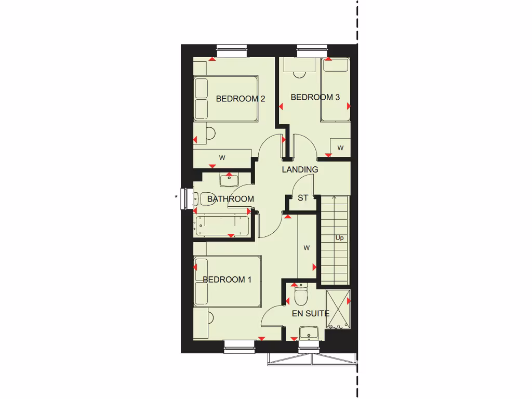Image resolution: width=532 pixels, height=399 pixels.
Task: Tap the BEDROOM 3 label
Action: coord(315,97)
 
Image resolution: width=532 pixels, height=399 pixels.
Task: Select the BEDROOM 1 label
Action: coord(227,280)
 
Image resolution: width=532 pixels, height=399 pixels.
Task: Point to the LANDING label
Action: coord(300,169)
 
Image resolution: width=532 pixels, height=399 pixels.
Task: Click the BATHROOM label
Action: coord(230,198)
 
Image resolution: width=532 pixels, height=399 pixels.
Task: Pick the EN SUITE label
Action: coord(311,313)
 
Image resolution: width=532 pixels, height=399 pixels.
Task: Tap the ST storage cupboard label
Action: coord(303,198)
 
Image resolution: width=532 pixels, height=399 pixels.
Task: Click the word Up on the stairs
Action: coord(339,238)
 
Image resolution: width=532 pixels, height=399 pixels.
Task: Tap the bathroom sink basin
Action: coord(229,180)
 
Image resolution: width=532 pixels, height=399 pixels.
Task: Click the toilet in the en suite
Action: coord(301,297)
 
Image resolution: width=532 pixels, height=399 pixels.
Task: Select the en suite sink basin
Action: coord(311,332)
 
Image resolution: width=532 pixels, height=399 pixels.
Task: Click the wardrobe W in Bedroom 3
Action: coord(341,148)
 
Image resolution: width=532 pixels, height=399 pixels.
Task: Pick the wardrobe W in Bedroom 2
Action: coord(222,157)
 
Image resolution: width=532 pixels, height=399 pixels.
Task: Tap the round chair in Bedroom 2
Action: coord(210,134)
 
